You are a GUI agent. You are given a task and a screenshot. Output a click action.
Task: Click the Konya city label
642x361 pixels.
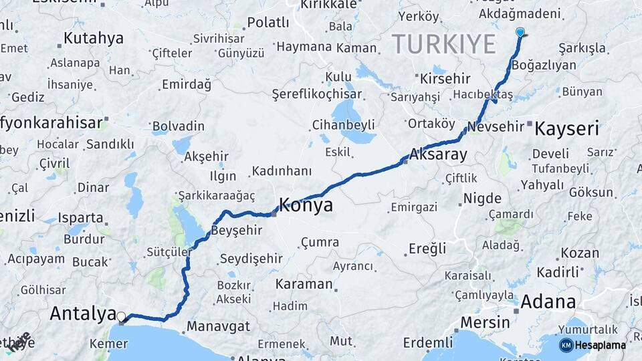tap(305, 205)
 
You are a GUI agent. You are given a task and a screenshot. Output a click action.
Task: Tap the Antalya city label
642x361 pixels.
tap(82, 314)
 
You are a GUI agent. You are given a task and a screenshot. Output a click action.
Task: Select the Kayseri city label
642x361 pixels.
tap(566, 128)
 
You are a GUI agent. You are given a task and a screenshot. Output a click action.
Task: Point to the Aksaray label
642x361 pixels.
tap(440, 154)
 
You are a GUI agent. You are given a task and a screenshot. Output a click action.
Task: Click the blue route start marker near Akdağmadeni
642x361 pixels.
tap(520, 31)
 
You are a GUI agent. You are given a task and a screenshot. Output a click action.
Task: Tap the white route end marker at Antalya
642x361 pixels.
tap(121, 316)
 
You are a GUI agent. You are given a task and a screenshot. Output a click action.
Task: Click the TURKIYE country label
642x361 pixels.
tap(443, 44)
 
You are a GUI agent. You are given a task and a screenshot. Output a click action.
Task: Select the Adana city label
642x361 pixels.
tap(548, 301)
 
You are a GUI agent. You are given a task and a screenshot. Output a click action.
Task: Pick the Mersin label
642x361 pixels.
tap(485, 322)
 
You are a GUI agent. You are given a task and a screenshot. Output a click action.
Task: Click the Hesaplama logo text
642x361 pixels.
tap(601, 345)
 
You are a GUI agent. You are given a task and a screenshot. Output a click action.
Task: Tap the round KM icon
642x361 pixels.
tap(566, 345)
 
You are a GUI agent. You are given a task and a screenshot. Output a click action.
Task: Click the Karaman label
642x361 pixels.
tap(304, 284)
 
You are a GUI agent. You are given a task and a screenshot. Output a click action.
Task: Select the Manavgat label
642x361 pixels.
tap(218, 327)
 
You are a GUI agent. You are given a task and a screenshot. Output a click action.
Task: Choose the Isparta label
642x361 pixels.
tap(81, 218)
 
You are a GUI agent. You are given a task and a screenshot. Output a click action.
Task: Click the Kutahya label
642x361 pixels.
tap(93, 38)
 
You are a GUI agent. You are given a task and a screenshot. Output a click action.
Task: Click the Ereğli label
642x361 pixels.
tap(427, 249)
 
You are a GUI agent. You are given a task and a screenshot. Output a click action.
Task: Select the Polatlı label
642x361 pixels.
tap(268, 23)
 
